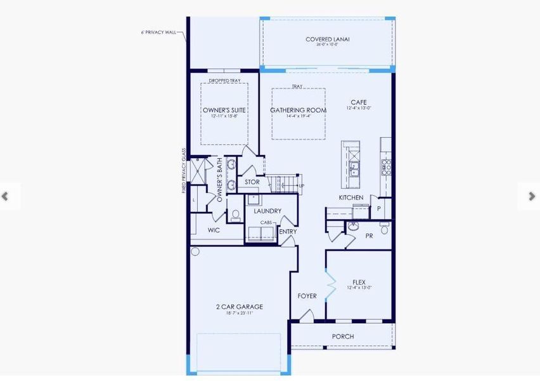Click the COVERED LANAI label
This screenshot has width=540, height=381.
[x=327, y=39]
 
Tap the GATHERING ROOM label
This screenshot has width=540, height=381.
[x=298, y=110]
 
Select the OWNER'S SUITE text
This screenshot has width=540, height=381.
[x=224, y=110]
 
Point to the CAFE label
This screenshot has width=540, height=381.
[x=359, y=102]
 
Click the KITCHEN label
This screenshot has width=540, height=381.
[x=350, y=198]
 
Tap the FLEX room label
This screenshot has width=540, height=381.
[x=359, y=283]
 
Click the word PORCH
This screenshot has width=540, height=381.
[x=343, y=337]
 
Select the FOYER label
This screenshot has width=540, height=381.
[x=307, y=297]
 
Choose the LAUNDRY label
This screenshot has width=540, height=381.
[x=267, y=211]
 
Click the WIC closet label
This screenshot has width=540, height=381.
[x=214, y=231]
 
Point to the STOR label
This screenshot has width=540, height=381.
[x=252, y=182]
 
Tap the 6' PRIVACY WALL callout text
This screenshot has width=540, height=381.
[x=158, y=32]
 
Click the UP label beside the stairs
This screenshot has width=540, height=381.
[x=301, y=186]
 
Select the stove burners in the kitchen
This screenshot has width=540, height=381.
[x=385, y=167]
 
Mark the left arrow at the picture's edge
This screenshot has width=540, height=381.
[x=6, y=196]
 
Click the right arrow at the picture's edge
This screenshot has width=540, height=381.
[x=532, y=196]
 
